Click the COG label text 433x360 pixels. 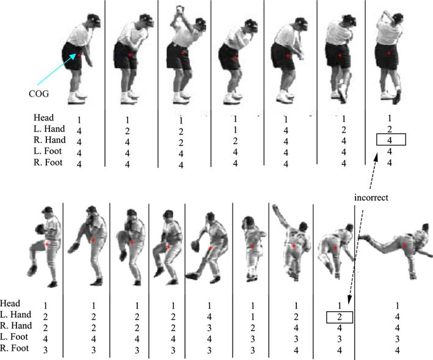(x=38, y=94)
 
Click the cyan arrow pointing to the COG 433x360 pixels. (x=57, y=69)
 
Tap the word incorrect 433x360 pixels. (x=371, y=197)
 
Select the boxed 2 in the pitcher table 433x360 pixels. (x=340, y=317)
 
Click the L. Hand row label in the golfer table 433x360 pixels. (x=49, y=129)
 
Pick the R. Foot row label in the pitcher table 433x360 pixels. (x=15, y=348)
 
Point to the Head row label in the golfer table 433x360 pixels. (x=43, y=118)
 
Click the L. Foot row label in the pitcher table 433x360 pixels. (x=14, y=337)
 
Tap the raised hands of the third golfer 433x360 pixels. (x=180, y=10)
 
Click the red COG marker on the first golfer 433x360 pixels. (x=79, y=56)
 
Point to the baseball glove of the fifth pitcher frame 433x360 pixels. (x=195, y=246)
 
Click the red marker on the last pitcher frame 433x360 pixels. (x=404, y=245)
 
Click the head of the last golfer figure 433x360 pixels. (x=398, y=19)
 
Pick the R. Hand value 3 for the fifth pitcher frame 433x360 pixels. (x=209, y=328)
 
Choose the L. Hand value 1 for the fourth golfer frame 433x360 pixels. (x=235, y=130)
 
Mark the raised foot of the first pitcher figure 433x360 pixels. (x=32, y=270)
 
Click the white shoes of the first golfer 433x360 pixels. (x=77, y=98)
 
